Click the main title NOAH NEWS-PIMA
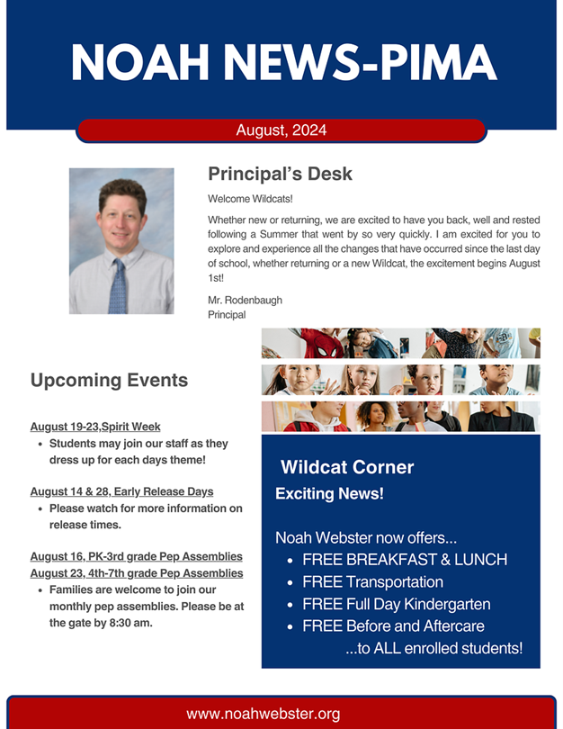click(284, 63)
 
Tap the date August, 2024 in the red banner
click(281, 130)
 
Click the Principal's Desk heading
click(280, 174)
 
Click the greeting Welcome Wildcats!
click(250, 199)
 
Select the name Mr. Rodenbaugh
click(245, 300)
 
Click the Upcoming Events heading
click(109, 380)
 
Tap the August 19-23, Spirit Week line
click(95, 427)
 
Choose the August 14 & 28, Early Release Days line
click(121, 491)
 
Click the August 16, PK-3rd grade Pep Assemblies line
click(137, 556)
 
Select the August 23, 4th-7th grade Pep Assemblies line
click(137, 572)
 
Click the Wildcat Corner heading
click(347, 467)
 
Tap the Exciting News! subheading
click(329, 493)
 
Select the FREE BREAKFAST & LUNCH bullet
click(405, 559)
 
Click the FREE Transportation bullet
click(372, 581)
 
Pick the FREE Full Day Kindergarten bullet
click(397, 604)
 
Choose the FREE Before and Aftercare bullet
click(393, 625)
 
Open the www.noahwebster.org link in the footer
click(263, 714)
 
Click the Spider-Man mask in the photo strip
click(326, 349)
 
